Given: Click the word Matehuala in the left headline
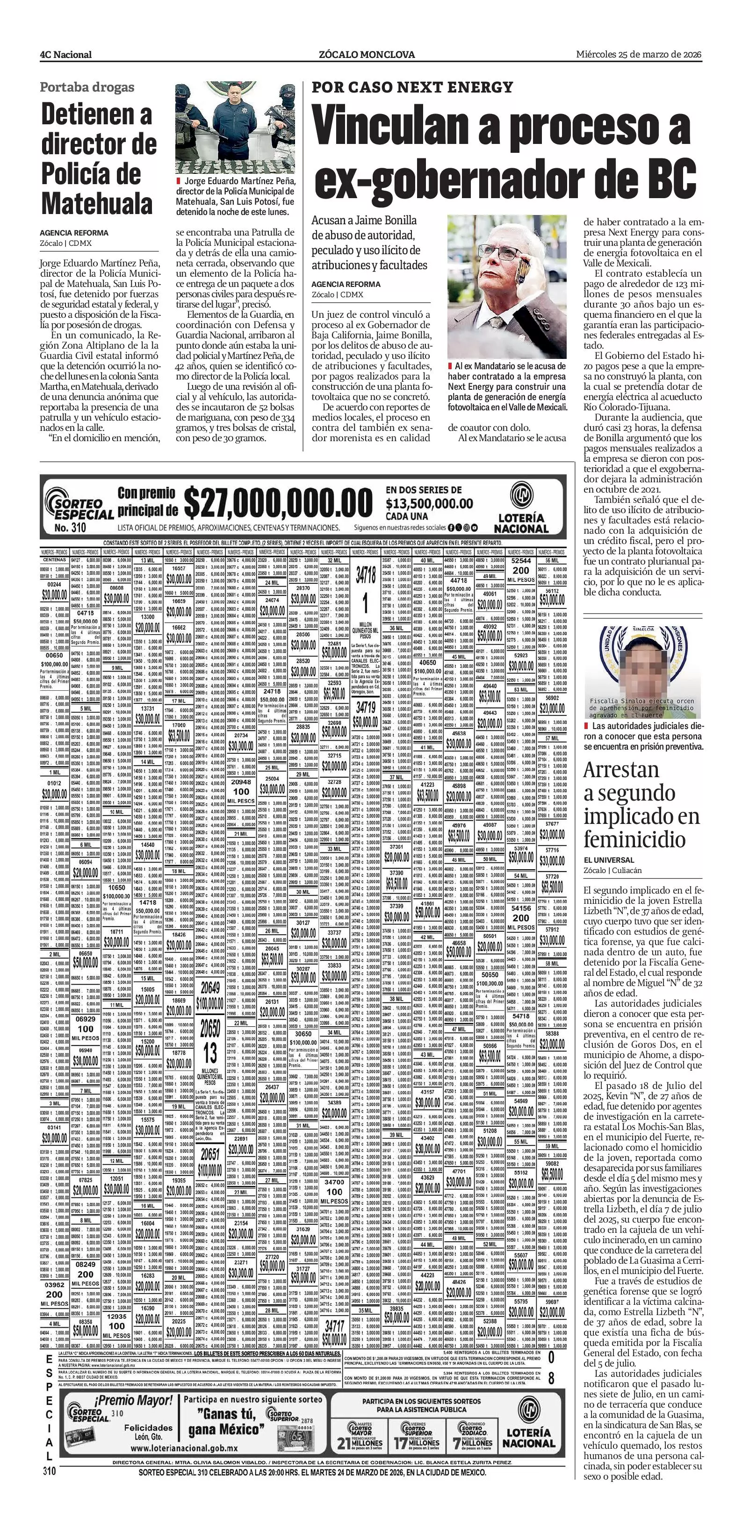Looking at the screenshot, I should pyautogui.click(x=97, y=204).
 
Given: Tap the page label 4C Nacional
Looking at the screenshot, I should pyautogui.click(x=66, y=55).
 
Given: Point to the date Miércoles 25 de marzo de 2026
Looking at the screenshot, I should pyautogui.click(x=639, y=54).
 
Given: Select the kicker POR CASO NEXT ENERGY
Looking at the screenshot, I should pyautogui.click(x=412, y=87).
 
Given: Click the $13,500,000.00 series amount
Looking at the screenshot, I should pyautogui.click(x=429, y=504).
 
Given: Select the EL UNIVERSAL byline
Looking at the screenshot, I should pyautogui.click(x=609, y=859).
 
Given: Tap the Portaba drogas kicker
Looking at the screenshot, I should pyautogui.click(x=87, y=87).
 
